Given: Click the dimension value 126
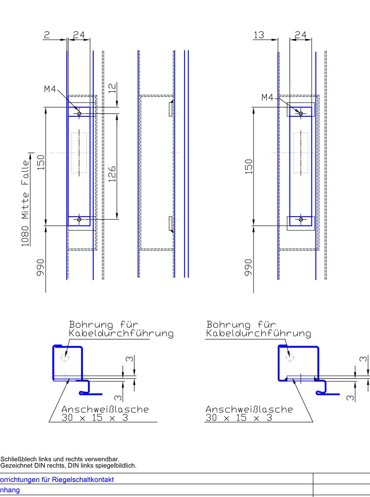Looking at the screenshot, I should (112, 174).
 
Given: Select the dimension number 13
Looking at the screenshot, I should (258, 35).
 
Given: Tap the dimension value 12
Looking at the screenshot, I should (112, 88).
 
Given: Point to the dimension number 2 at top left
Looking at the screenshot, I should (47, 35).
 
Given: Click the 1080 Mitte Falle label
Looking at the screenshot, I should (25, 203).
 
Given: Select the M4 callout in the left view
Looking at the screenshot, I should (50, 89).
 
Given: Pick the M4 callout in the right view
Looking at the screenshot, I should (267, 97).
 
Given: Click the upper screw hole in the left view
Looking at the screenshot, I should (79, 114).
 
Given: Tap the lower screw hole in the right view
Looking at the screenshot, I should (301, 219).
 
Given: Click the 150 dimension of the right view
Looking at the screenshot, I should (249, 167).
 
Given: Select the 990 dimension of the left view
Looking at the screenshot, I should (40, 267).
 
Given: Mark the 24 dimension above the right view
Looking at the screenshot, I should (300, 35).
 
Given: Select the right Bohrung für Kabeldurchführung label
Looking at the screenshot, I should (258, 329).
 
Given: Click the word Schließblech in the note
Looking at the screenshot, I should (16, 459).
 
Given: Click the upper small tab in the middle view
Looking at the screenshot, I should (171, 109).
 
